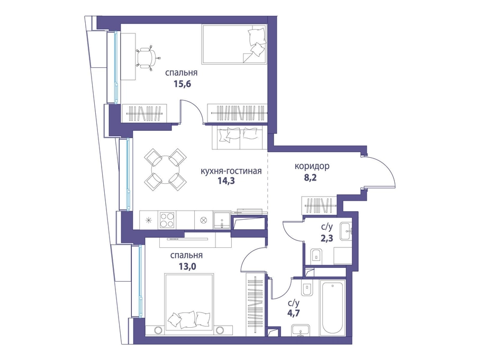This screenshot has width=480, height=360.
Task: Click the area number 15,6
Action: tap(183, 84)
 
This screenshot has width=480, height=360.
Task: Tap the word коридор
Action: tap(312, 166)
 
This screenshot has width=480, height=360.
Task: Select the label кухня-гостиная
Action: tap(231, 171)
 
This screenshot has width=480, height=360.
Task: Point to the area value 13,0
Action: tap(187, 266)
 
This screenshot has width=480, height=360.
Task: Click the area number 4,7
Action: tap(293, 314)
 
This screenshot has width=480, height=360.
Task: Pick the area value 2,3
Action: tap(327, 238)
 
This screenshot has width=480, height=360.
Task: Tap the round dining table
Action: tap(166, 169)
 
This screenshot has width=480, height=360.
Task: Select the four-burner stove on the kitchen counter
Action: tap(167, 220)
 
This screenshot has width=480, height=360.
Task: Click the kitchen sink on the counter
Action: tap(222, 220)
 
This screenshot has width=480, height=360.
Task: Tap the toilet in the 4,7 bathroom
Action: tap(307, 289)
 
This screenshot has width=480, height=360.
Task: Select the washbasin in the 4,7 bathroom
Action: tap(301, 331)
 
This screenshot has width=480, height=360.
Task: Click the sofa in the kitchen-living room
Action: tap(239, 138)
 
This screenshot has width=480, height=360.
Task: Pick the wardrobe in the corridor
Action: tap(319, 205)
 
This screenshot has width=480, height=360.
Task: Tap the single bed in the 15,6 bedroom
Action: tap(234, 44)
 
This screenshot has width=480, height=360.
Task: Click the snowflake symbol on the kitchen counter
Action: tap(149, 220)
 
